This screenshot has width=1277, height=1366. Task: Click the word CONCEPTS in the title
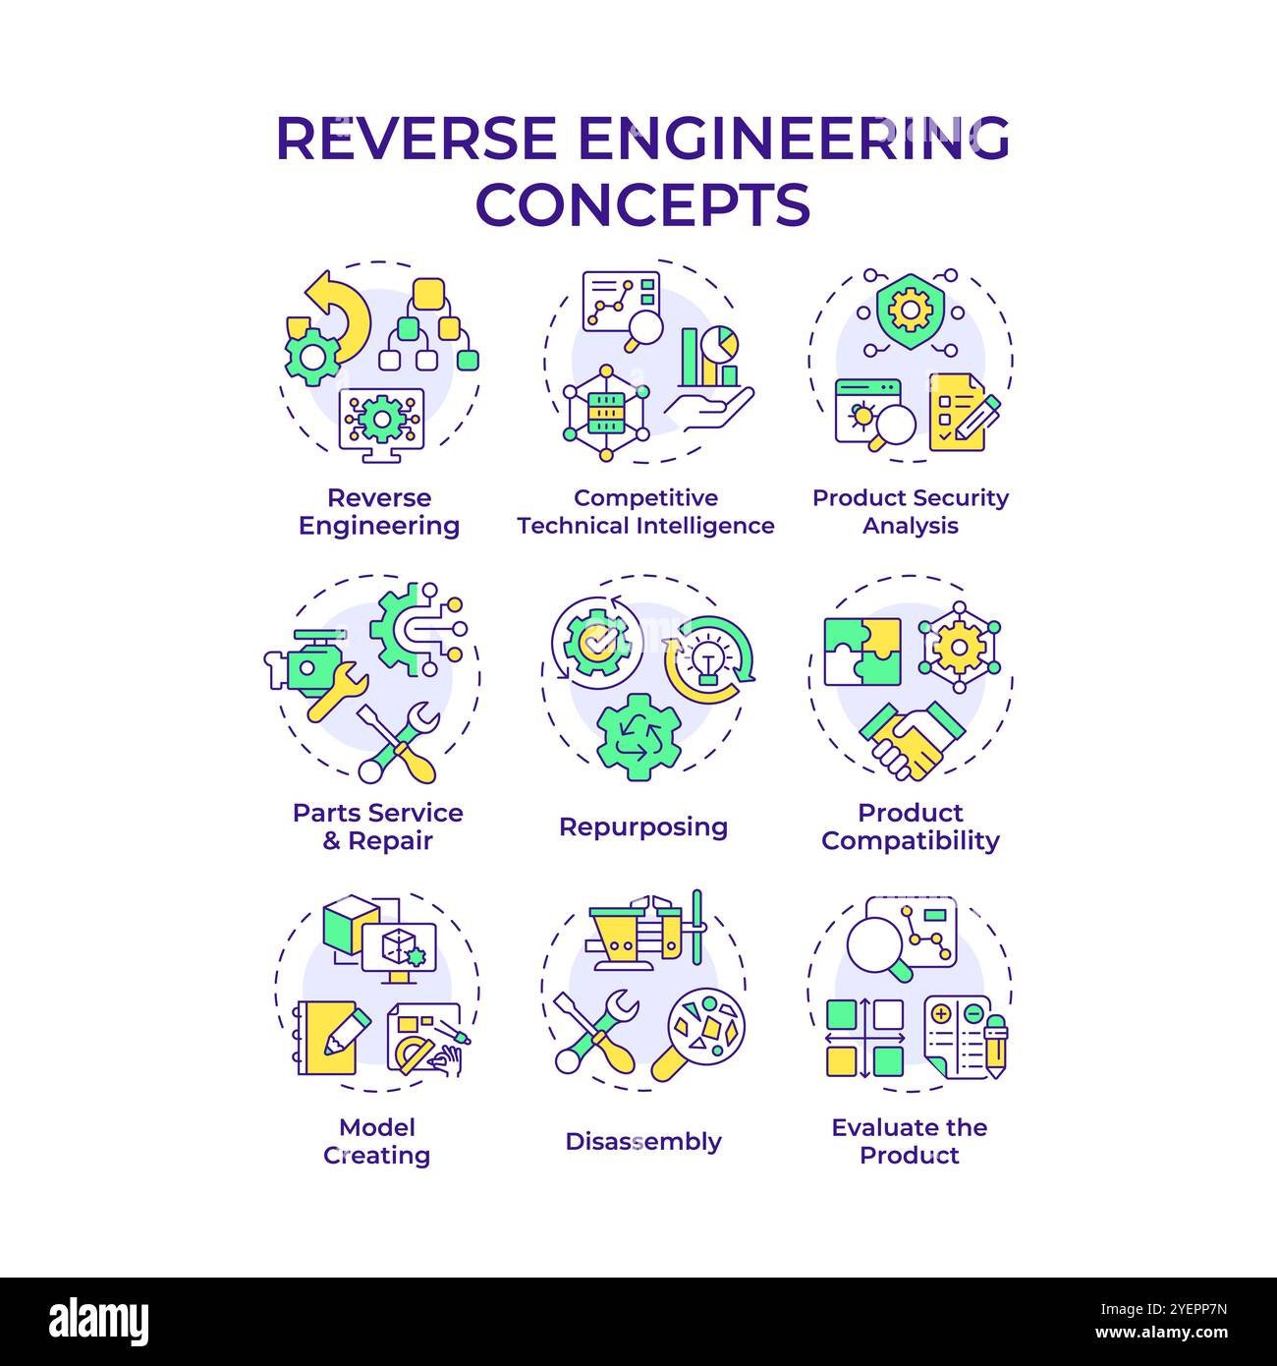point(642,203)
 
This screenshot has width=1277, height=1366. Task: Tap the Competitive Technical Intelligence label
point(645,512)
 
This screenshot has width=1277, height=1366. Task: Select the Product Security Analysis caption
point(910,512)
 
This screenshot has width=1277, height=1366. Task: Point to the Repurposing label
point(643,826)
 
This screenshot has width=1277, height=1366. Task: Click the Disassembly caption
point(643,1141)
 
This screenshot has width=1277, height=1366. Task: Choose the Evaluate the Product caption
point(910,1141)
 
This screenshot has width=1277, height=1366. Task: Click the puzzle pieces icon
point(861,651)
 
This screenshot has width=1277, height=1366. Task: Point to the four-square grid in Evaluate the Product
point(864,1039)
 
